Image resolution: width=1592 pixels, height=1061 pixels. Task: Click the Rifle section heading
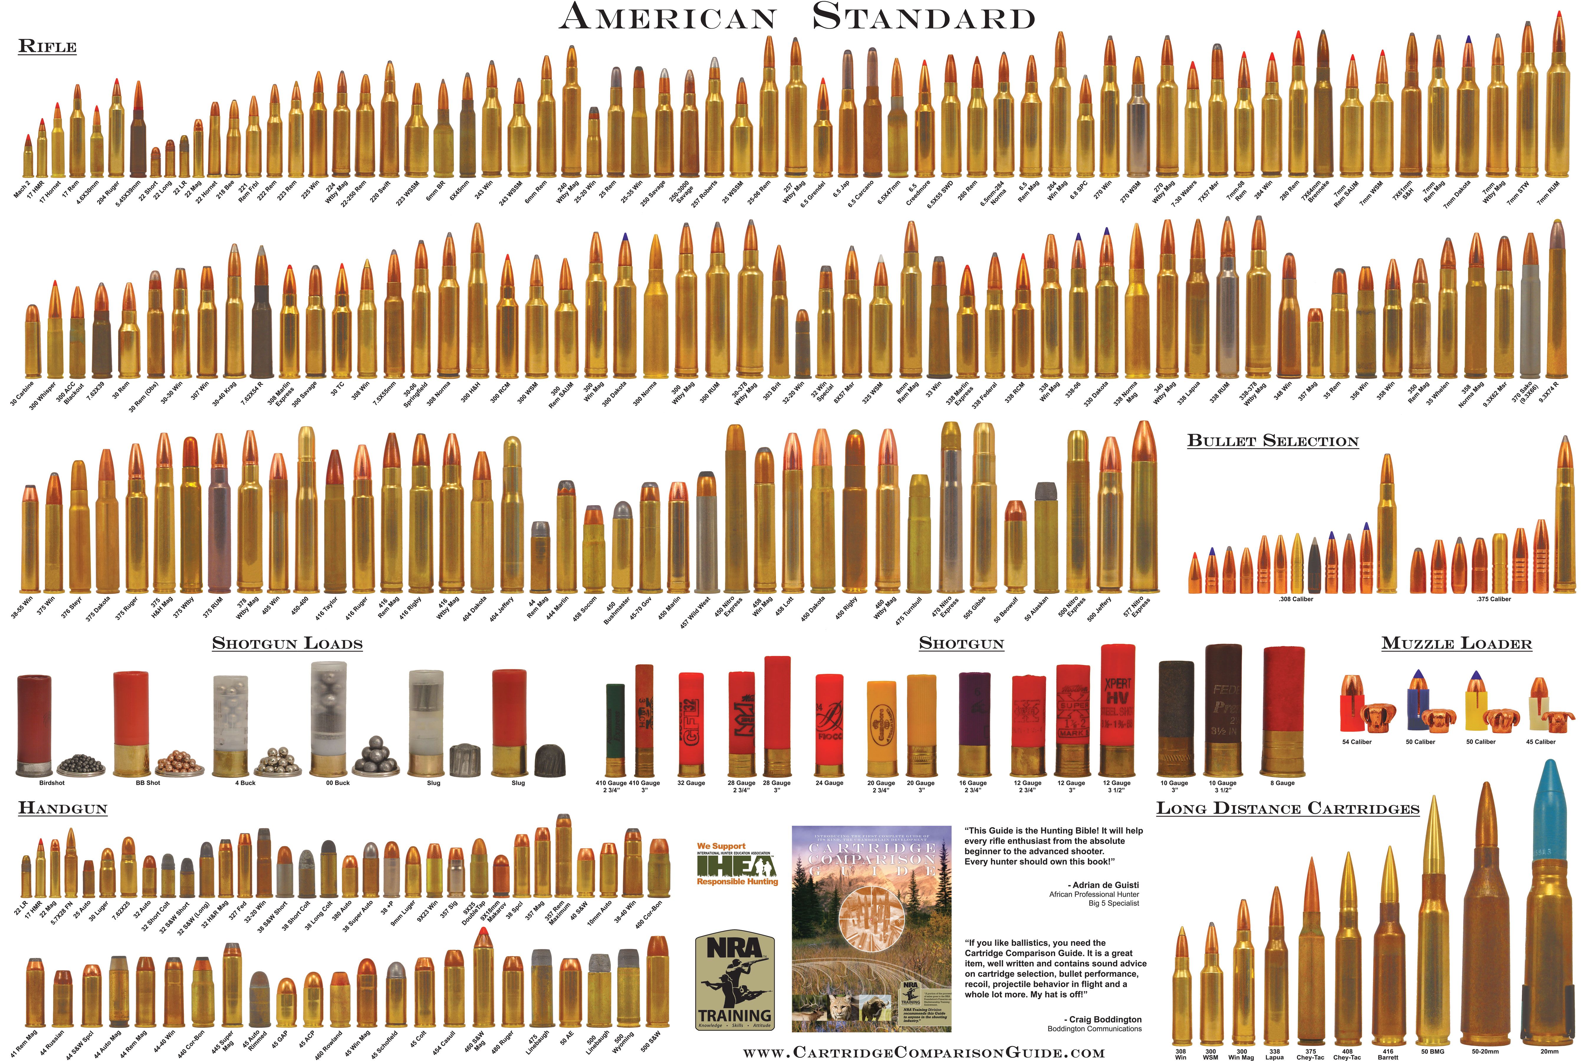coord(47,47)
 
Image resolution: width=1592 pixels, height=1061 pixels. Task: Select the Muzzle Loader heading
coord(1457,643)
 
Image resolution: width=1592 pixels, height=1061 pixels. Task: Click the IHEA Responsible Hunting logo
coord(737,864)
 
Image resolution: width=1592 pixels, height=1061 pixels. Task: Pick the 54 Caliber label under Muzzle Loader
coord(1356,742)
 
